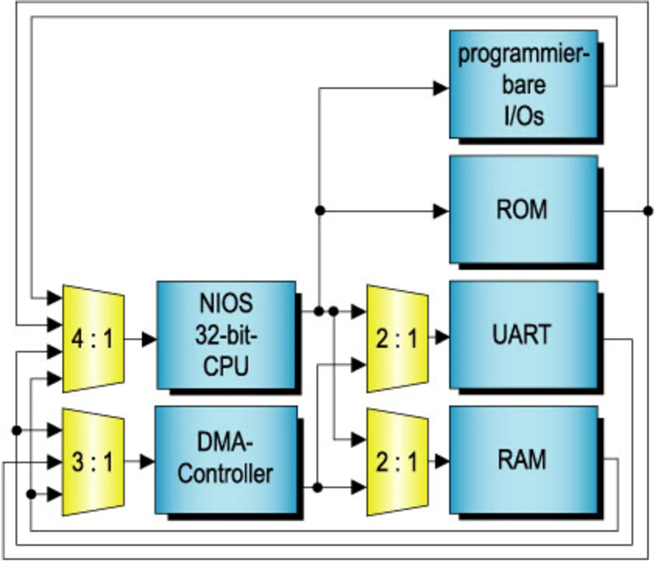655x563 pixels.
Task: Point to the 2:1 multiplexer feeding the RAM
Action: click(x=397, y=462)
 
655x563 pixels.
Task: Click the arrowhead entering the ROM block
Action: click(x=441, y=210)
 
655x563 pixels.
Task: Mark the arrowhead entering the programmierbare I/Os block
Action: click(x=441, y=88)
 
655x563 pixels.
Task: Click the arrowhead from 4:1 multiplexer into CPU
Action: click(x=149, y=339)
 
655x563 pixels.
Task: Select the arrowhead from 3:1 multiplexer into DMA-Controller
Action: click(x=147, y=462)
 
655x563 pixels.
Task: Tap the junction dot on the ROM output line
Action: click(x=648, y=210)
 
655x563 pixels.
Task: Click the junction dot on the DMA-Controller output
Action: click(x=317, y=487)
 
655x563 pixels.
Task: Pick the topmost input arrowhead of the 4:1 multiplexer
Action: click(x=54, y=297)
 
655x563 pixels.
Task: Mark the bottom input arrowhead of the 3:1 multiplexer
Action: click(x=54, y=494)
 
